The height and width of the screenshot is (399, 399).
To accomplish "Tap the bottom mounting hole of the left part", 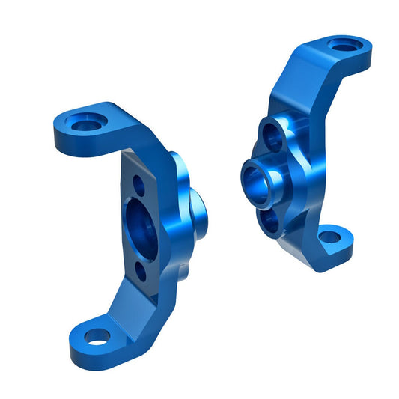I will pyautogui.click(x=96, y=337).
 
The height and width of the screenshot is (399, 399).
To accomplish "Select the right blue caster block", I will pyautogui.click(x=299, y=150).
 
